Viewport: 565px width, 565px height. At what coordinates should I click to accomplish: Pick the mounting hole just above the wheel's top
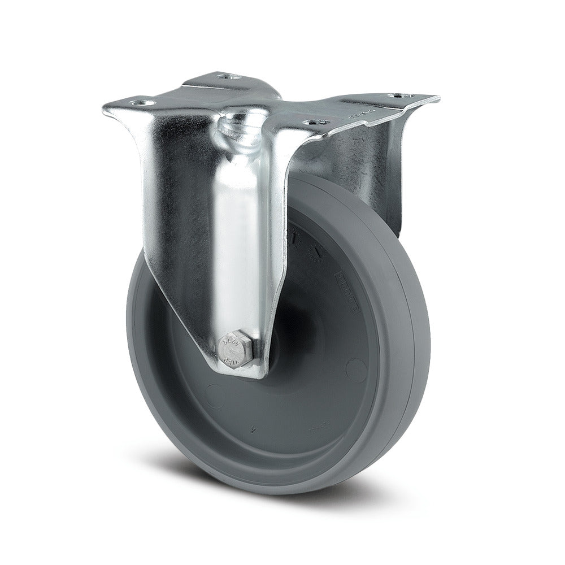(314, 121)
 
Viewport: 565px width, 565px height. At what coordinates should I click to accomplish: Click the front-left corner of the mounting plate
(105, 107)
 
